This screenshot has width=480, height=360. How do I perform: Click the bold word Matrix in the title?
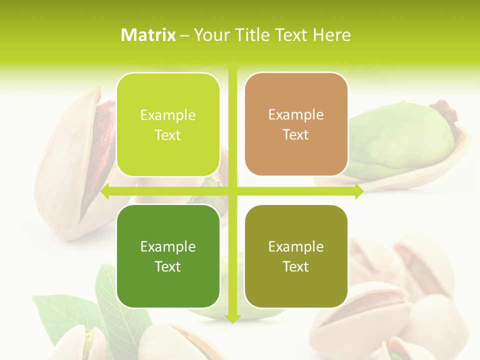148,35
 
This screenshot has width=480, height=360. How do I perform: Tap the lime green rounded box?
168,124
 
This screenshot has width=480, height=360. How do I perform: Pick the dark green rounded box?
168,256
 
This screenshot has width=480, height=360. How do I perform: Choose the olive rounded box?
296,256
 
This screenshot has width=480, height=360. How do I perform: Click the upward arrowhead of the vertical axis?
232,64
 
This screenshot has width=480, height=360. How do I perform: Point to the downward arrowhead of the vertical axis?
232,319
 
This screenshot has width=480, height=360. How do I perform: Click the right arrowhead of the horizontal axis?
359,191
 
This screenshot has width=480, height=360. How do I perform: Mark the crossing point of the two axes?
232,191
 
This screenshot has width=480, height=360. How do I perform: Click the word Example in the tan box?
296,114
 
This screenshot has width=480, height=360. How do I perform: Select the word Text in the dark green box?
167,266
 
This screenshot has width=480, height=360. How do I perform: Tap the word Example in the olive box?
296,246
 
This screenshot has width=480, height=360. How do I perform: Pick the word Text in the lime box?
167,135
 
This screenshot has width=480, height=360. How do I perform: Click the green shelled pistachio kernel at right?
400,137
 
